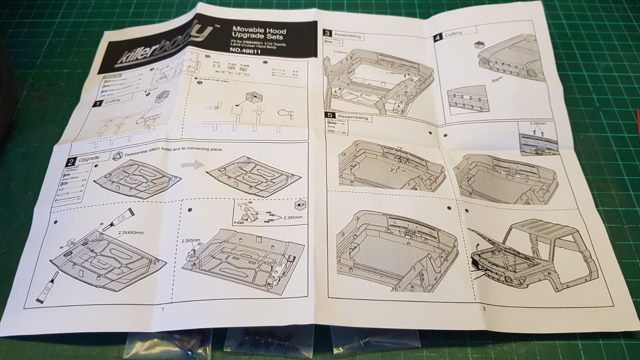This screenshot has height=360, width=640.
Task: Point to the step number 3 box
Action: (x=327, y=34)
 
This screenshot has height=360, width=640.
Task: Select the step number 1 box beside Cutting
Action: (x=97, y=104)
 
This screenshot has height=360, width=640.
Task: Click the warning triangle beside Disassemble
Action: (x=118, y=156)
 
